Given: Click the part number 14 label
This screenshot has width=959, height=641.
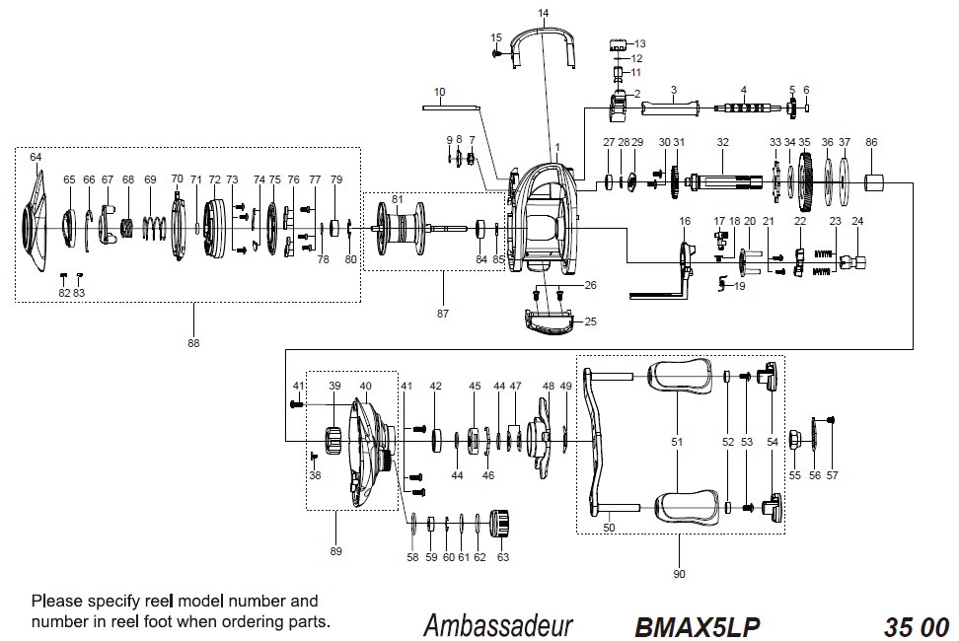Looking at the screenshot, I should tap(543, 13).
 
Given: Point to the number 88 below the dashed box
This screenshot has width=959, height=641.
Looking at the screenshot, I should tap(193, 343).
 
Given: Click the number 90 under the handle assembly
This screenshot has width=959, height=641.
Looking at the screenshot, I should tap(679, 574).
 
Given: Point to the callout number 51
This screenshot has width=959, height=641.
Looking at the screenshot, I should tap(677, 443).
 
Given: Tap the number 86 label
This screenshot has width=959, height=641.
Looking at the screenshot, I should tap(871, 142).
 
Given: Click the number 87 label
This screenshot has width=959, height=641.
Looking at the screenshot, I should tap(443, 314).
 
